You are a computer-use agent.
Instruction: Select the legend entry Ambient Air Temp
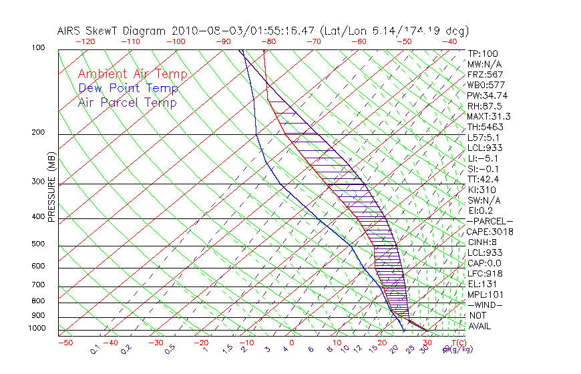tap(132, 74)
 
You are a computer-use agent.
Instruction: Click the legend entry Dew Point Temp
tap(128, 88)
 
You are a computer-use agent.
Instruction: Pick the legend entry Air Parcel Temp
tap(127, 102)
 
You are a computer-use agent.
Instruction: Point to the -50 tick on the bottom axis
tap(65, 343)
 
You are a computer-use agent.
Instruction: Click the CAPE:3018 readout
tap(489, 232)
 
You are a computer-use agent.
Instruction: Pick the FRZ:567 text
tap(485, 75)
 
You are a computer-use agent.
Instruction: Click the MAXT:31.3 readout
tap(489, 116)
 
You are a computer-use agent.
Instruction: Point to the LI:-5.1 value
tap(483, 158)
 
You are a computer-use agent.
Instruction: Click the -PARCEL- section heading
tap(490, 221)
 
